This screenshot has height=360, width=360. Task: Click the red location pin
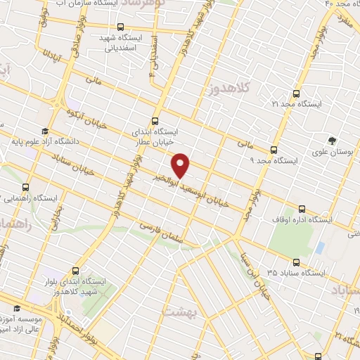click(182, 165)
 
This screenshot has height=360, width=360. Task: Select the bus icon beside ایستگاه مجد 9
click(274, 149)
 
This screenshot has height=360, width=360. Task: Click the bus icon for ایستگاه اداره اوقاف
click(302, 208)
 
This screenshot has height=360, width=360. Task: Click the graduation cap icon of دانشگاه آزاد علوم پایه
click(44, 131)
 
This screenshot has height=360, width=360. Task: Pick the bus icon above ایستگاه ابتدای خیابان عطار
click(155, 121)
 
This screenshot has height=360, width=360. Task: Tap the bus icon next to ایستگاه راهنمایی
click(26, 187)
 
